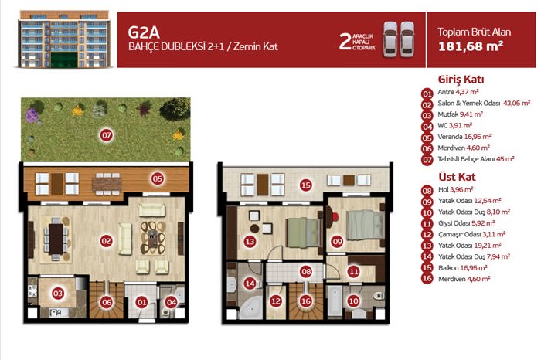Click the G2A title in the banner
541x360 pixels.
pyautogui.click(x=144, y=32)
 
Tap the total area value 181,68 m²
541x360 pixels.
pyautogui.click(x=471, y=46)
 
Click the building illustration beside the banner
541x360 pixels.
pyautogui.click(x=64, y=39)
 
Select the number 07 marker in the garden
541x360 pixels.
pyautogui.click(x=107, y=135)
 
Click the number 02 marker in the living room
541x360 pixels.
pyautogui.click(x=107, y=241)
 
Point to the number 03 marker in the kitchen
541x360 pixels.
pyautogui.click(x=58, y=294)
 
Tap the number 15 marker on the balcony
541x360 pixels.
pyautogui.click(x=306, y=185)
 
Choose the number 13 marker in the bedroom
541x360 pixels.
pyautogui.click(x=250, y=241)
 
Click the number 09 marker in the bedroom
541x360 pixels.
pyautogui.click(x=337, y=241)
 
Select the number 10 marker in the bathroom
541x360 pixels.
pyautogui.click(x=353, y=301)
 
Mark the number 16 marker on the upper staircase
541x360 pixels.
pyautogui.click(x=306, y=301)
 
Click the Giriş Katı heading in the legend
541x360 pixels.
pyautogui.click(x=461, y=80)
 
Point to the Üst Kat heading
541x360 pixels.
pyautogui.click(x=457, y=177)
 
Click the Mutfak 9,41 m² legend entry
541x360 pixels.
pyautogui.click(x=461, y=114)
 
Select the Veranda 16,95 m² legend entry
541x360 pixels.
pyautogui.click(x=464, y=137)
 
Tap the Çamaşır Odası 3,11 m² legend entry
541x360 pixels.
pyautogui.click(x=471, y=235)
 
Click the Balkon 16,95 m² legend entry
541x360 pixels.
pyautogui.click(x=463, y=268)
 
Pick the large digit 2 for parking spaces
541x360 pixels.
pyautogui.click(x=345, y=42)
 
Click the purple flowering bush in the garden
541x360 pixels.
pyautogui.click(x=32, y=116)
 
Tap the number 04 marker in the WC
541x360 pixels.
pyautogui.click(x=171, y=302)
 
